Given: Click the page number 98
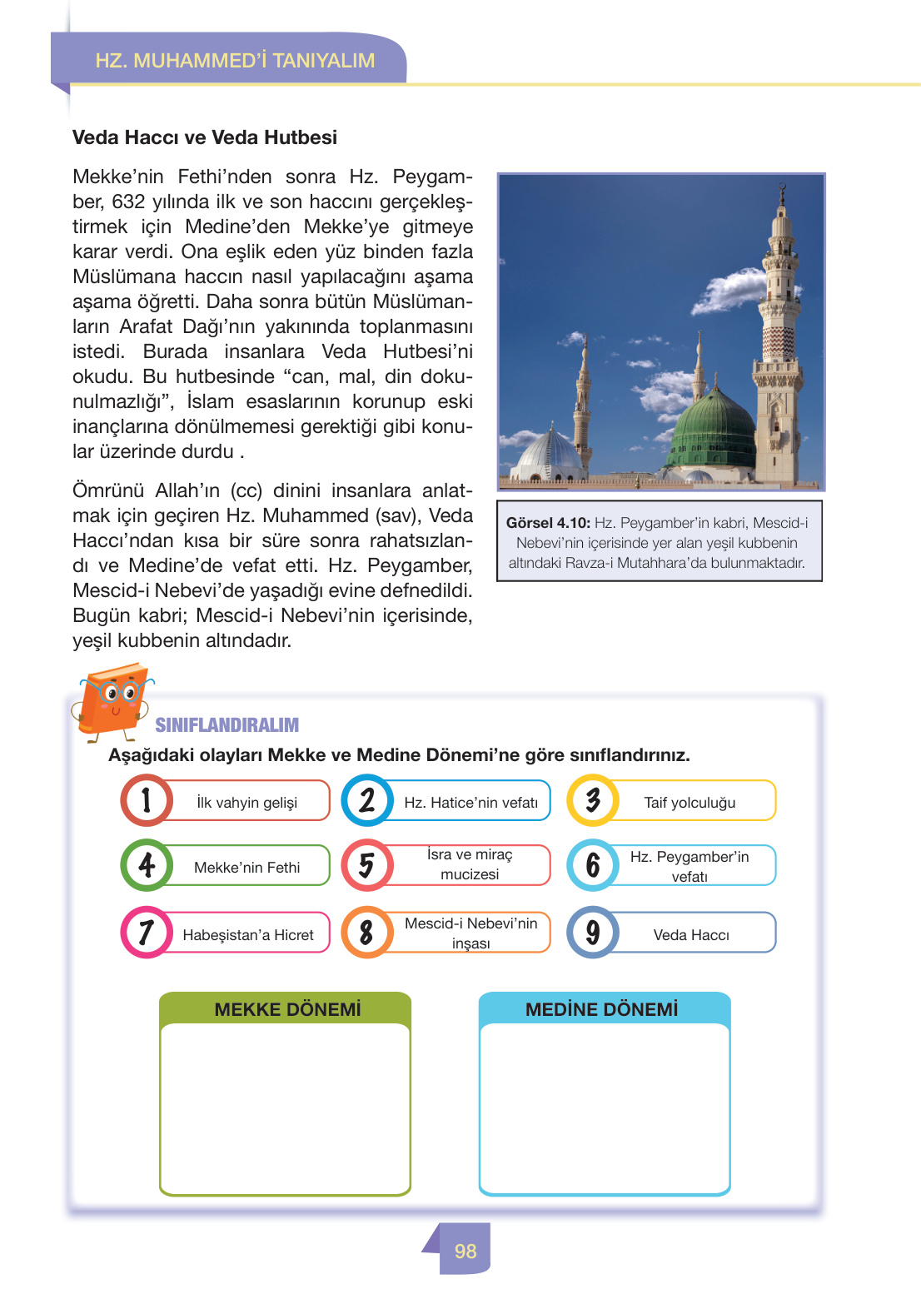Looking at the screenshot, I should click(x=465, y=1251).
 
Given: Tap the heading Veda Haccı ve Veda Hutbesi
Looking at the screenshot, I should click(x=205, y=137).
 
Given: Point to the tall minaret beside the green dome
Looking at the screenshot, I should click(x=779, y=333).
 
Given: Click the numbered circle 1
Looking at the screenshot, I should click(x=147, y=800).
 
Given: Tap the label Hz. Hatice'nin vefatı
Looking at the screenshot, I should click(x=470, y=803).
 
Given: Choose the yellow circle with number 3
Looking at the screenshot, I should click(x=593, y=800).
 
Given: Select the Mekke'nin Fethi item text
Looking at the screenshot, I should click(x=246, y=868).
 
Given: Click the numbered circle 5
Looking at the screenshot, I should click(x=366, y=865).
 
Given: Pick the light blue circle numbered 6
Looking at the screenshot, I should click(x=593, y=865).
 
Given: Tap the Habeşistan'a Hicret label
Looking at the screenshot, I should click(x=248, y=935).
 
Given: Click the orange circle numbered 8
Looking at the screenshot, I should click(x=366, y=933).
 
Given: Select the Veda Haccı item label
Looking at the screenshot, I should click(x=691, y=935).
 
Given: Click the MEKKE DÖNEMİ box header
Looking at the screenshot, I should click(x=287, y=1009).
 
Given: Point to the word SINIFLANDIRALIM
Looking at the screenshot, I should click(x=227, y=725).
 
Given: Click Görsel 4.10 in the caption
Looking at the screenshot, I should click(x=548, y=523).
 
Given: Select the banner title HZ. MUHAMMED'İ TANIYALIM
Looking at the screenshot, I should click(x=235, y=61).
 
